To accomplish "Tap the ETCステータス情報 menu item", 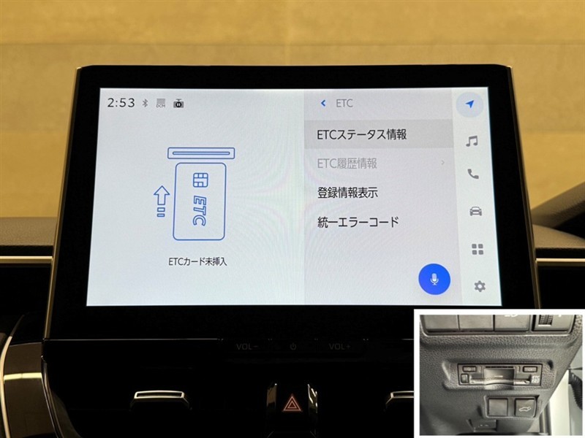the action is coord(361,134).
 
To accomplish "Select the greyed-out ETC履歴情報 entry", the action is coord(347,163).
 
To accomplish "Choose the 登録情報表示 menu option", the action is coord(347,193).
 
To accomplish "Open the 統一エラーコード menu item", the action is coord(358,222).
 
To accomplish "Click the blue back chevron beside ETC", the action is coord(323,103).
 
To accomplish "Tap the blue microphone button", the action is coord(434,280).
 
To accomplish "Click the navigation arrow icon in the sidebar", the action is coord(470,104).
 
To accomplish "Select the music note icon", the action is coord(472,141).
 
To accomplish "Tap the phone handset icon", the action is coord(473,174).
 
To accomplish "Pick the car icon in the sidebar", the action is coord(475,211).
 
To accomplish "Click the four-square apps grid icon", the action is coord(478,249).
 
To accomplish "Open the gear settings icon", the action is coord(480,286).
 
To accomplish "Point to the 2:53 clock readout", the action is coord(121,102).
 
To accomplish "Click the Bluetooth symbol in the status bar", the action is coord(145,103).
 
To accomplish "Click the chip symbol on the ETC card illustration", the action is coord(200,180).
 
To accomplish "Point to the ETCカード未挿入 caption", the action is coord(197,261).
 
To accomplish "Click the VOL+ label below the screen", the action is coord(339,347).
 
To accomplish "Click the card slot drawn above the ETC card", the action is coord(201,153).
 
